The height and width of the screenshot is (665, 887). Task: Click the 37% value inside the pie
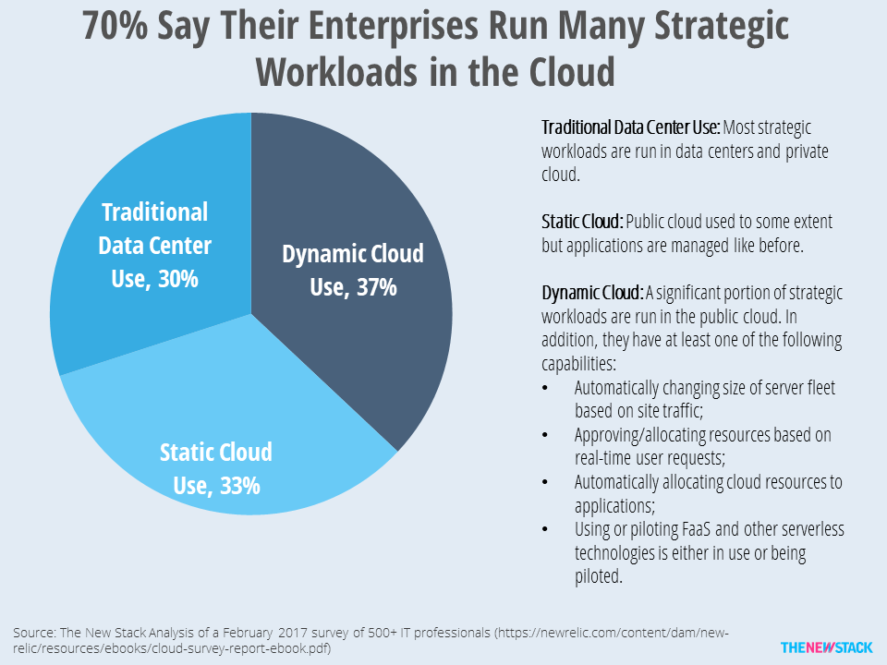[377, 287]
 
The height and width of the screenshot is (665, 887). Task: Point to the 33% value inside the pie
[240, 486]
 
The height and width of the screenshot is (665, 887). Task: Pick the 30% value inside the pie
[178, 279]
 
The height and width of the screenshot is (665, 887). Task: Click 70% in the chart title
[115, 26]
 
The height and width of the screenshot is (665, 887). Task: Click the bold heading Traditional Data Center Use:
[631, 127]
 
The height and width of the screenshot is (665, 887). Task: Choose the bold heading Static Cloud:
[582, 222]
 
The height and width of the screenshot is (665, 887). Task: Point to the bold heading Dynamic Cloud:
[592, 293]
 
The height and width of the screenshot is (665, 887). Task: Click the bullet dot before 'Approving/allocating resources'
[545, 435]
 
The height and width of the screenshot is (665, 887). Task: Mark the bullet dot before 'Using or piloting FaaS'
[545, 529]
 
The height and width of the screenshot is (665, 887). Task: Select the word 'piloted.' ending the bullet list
[599, 576]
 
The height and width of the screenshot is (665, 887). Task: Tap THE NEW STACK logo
[826, 647]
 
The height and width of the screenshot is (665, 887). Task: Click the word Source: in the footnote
[34, 632]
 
